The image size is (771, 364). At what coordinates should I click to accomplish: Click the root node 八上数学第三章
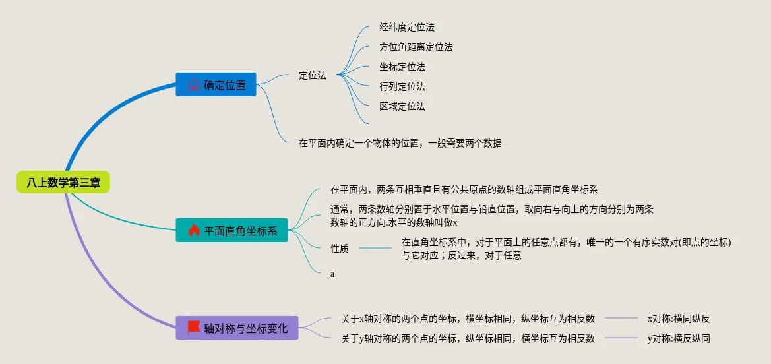pos(63,182)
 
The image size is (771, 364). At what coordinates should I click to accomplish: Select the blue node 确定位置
pos(216,84)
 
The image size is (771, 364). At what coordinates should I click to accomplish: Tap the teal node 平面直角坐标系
pos(231,231)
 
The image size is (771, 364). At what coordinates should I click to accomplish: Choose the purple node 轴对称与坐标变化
pos(237,328)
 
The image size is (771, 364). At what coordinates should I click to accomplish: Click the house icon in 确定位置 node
pos(193,84)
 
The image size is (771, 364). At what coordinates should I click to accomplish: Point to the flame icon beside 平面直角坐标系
pos(193,231)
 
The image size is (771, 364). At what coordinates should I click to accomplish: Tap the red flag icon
pos(193,327)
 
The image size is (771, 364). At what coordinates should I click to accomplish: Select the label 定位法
pos(312,75)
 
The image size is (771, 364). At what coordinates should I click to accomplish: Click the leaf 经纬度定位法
pos(406,28)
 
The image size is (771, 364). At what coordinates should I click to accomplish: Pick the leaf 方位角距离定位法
pos(416,47)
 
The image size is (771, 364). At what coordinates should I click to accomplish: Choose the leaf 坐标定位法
pos(402,67)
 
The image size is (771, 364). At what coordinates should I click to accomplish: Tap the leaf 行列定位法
pos(402,86)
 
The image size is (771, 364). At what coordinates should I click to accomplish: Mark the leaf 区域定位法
pos(402,106)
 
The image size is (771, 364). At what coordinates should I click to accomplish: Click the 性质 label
pos(340,249)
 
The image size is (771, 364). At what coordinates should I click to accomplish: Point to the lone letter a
pos(332,274)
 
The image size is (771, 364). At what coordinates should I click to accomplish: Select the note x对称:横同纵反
pos(678,318)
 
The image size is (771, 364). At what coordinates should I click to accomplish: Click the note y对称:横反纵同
pos(678,338)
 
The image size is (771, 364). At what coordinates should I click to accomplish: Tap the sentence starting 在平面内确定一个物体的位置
pos(400,143)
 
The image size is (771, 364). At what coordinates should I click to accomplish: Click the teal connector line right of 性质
pos(375,249)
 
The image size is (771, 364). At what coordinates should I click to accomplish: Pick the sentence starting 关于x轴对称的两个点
pos(468,318)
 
